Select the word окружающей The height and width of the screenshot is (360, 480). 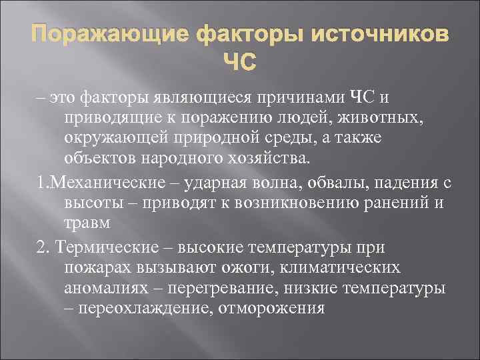125,139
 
